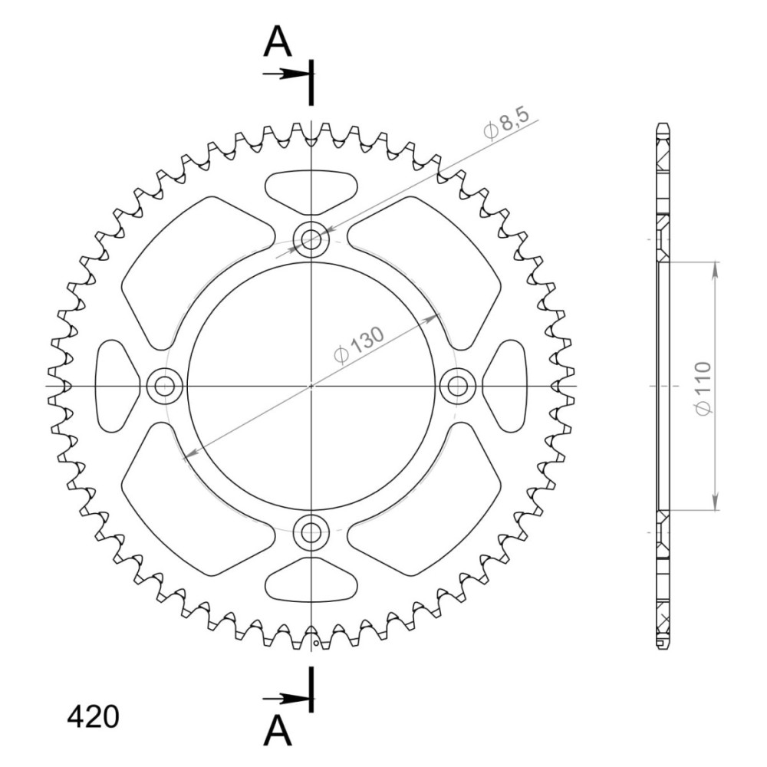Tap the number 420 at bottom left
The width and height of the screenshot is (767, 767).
pyautogui.click(x=93, y=717)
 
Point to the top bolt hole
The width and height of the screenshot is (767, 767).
pyautogui.click(x=311, y=239)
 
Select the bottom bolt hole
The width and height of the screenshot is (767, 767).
pyautogui.click(x=311, y=532)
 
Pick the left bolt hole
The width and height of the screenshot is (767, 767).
pyautogui.click(x=165, y=387)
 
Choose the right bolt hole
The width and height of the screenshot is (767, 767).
pyautogui.click(x=457, y=387)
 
